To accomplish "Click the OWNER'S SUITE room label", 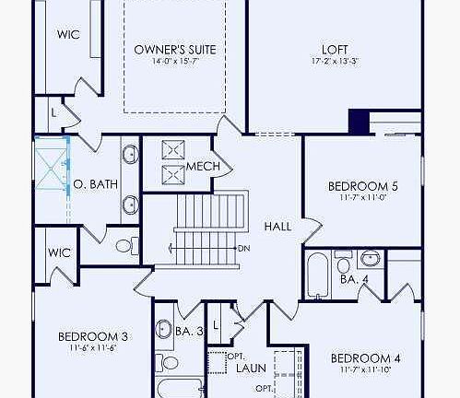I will click(174, 49).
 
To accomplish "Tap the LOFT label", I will click(335, 49).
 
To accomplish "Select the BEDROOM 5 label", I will click(361, 187).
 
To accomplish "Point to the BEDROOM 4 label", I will click(365, 357).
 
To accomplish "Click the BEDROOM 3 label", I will click(92, 336).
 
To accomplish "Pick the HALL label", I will click(277, 226).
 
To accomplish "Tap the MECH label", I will click(203, 167).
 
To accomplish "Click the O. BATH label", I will click(96, 184).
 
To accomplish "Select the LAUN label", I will click(250, 369).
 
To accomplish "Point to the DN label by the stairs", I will click(243, 248).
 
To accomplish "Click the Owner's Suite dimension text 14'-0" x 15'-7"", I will click(174, 62).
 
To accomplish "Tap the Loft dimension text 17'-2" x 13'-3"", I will click(335, 62).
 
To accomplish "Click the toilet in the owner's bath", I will click(125, 245).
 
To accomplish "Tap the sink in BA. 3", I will click(164, 328).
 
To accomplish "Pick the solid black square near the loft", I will click(360, 121).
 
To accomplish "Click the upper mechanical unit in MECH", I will click(174, 151).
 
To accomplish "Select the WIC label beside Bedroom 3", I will click(59, 252).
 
